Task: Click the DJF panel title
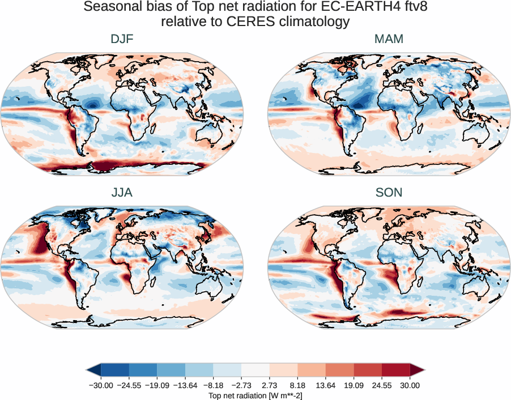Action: coord(122,40)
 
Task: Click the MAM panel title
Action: coord(389,40)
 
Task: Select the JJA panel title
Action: coord(122,193)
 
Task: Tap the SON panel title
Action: coord(389,193)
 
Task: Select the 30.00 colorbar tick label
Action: coord(410,385)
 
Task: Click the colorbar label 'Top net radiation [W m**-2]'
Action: coord(255,395)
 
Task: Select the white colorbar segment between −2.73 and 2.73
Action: coord(255,370)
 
